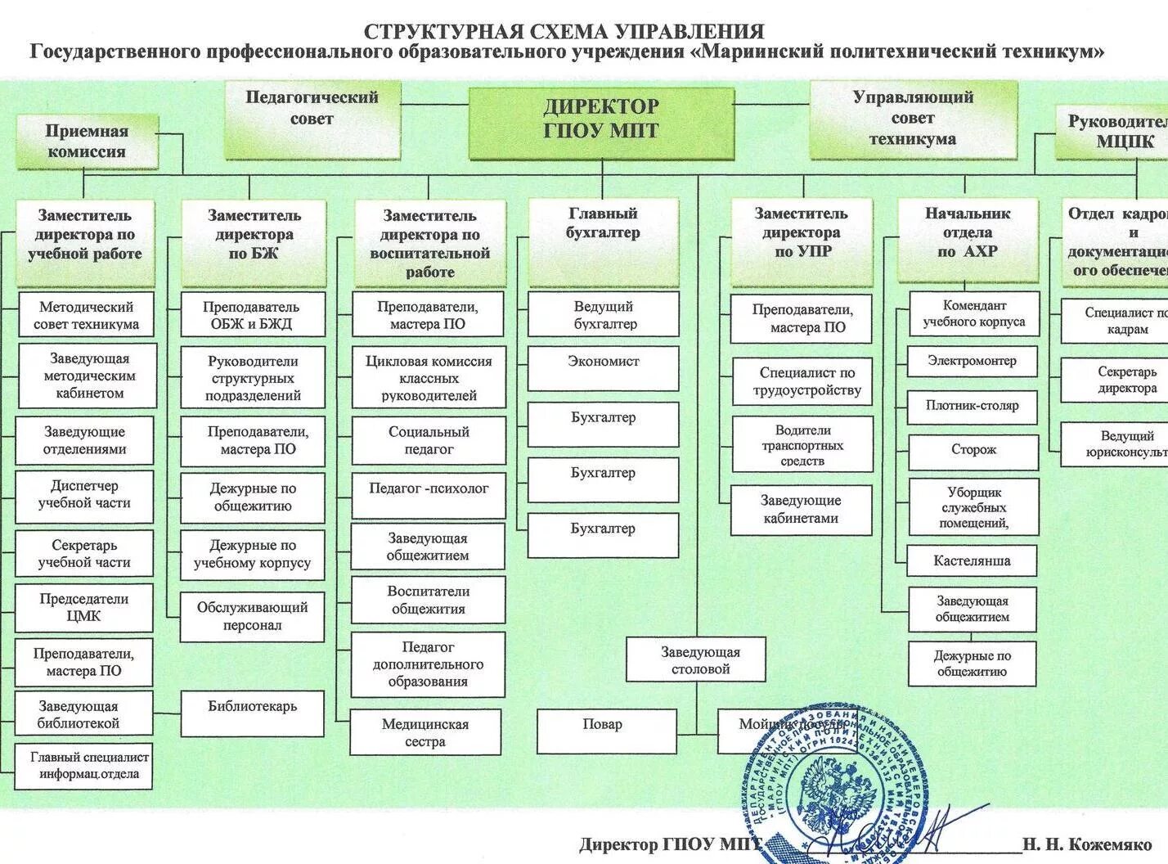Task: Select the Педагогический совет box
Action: tap(312, 119)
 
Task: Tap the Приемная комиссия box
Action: tap(87, 142)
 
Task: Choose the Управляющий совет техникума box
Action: tap(913, 119)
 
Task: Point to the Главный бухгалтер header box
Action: tap(604, 241)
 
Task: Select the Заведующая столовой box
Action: tap(696, 659)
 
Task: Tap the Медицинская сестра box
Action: tap(425, 732)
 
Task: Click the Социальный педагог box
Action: tap(429, 440)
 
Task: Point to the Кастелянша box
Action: tap(972, 561)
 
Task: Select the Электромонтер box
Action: tap(972, 361)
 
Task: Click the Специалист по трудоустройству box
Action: tap(802, 382)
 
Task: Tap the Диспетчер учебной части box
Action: tap(84, 495)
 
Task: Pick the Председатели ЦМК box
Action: tap(84, 607)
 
